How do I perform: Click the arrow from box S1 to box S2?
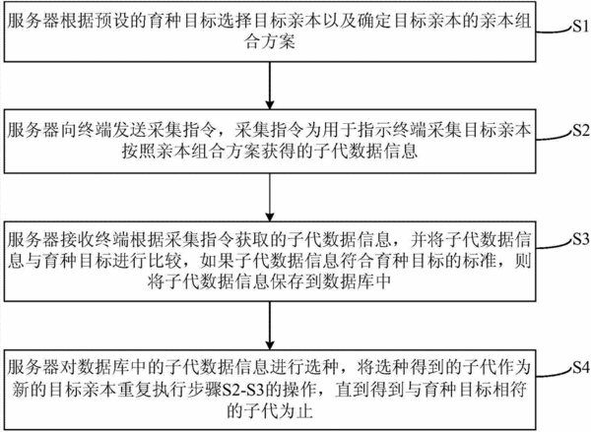click(270, 86)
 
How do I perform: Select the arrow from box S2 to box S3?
click(270, 198)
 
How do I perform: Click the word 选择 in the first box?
click(236, 21)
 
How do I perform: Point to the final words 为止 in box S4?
click(296, 411)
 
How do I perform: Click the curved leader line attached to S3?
click(554, 243)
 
